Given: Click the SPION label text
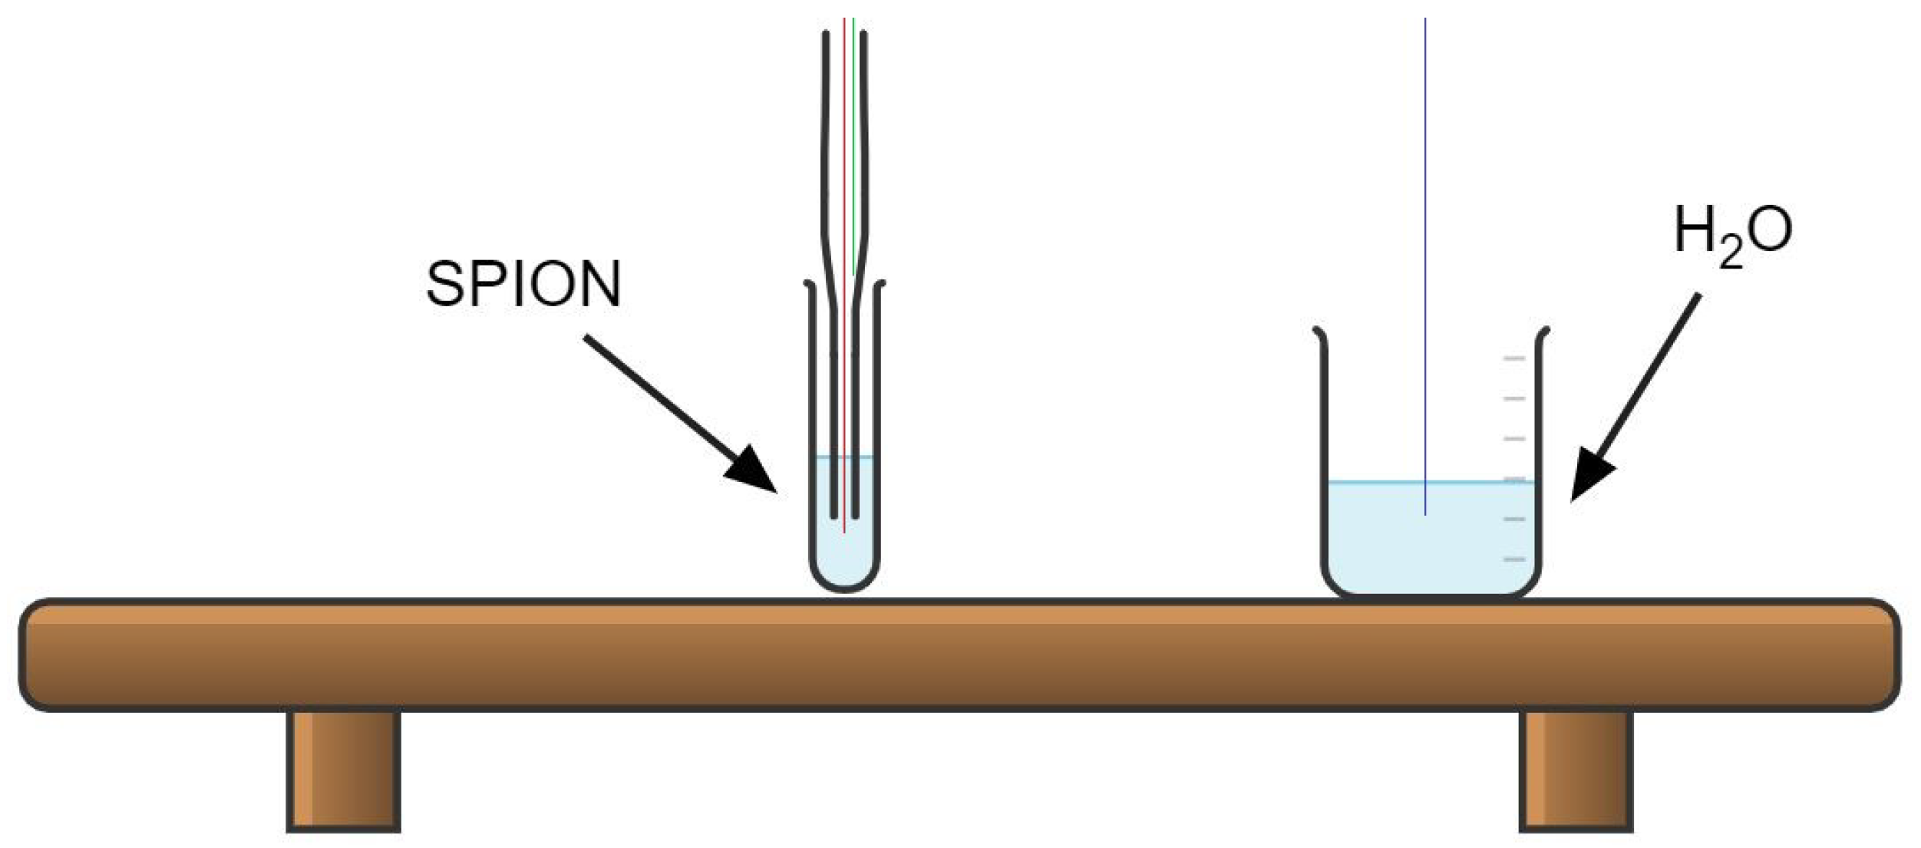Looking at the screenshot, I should coord(523,285).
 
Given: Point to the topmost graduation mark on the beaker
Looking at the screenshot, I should coord(1513,358).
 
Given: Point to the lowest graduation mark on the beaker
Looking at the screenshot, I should coord(1513,559).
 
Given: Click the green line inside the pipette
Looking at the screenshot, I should coord(853,153).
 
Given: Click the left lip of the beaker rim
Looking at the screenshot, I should coord(1319,332).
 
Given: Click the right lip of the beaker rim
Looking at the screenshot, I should coord(1544,332).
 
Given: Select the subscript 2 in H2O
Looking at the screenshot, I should coord(1731,254).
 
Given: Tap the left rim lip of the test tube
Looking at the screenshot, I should coord(810,285).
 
